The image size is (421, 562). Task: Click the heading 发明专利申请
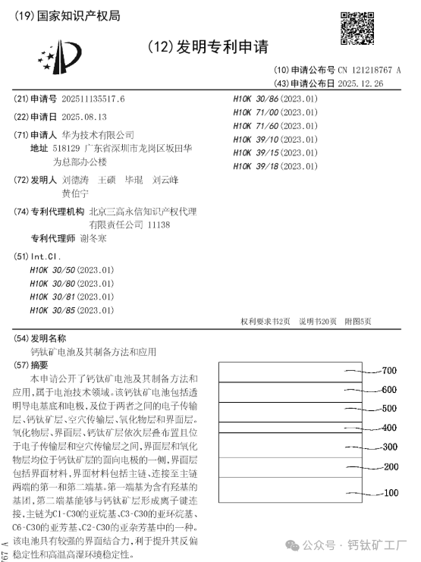212,47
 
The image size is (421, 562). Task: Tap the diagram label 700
389,371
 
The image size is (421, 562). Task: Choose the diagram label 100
390,493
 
